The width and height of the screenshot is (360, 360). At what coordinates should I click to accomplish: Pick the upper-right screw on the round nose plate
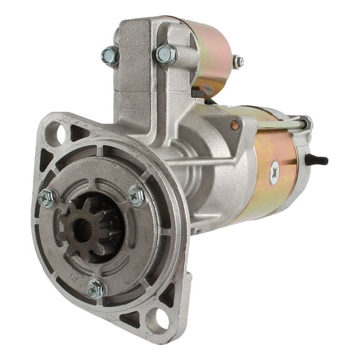click(x=136, y=196)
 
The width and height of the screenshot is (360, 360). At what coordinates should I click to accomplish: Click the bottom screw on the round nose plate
click(x=95, y=288)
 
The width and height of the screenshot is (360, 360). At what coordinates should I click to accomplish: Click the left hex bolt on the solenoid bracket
click(x=110, y=56)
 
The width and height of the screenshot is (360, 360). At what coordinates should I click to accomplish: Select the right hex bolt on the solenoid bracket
click(x=165, y=54)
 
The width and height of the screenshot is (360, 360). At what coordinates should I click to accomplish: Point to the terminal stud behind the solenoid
click(x=237, y=61)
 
